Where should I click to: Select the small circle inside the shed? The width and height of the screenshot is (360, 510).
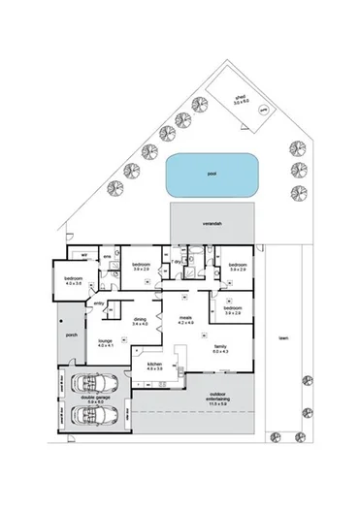(x=262, y=112)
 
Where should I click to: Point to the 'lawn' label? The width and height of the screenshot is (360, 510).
(x=283, y=339)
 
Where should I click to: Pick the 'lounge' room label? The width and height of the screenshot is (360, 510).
(x=106, y=341)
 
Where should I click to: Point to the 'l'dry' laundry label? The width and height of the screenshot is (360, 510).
(x=176, y=261)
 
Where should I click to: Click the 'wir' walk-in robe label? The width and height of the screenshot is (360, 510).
(x=84, y=255)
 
